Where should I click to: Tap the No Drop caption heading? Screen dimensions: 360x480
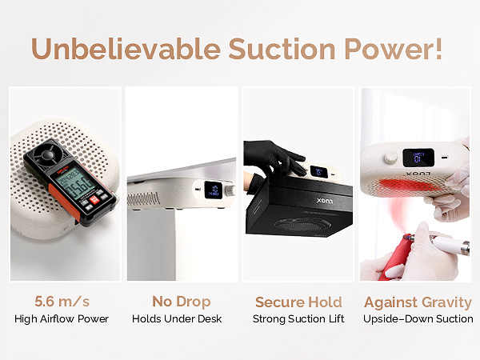click(x=182, y=302)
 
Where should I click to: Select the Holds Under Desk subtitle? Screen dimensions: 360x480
click(x=182, y=318)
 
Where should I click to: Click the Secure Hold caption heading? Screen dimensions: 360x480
click(x=298, y=302)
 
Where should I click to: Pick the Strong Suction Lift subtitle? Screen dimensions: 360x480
click(x=298, y=318)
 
